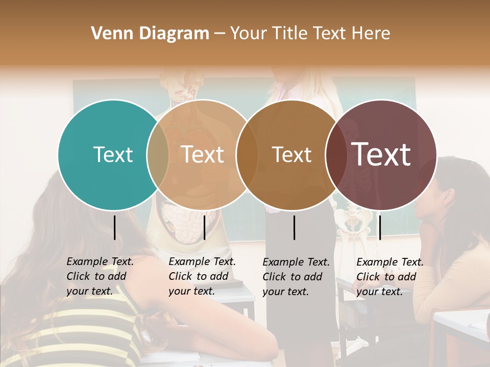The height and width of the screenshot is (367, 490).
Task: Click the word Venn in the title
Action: (109, 34)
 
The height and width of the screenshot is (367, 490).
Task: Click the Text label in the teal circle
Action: (113, 154)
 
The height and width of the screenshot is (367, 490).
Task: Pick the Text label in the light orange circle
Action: (203, 154)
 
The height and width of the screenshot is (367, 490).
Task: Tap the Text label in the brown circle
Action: (291, 155)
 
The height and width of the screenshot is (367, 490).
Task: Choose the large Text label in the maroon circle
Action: (381, 154)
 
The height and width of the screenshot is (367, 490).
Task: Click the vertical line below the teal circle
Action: (114, 228)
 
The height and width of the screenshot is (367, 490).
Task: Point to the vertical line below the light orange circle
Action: (204, 228)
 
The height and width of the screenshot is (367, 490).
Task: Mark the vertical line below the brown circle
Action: (295, 228)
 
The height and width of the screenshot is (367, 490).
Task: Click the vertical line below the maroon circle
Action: (380, 228)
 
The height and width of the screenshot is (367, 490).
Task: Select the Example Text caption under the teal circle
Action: (100, 276)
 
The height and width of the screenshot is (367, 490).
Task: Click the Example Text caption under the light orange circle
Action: (202, 276)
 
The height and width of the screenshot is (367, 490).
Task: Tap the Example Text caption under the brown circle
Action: (296, 277)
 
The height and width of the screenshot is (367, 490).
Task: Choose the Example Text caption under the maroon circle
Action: (389, 277)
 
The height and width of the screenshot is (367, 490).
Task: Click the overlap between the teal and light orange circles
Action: (158, 154)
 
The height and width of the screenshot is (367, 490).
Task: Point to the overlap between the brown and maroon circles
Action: (335, 154)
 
